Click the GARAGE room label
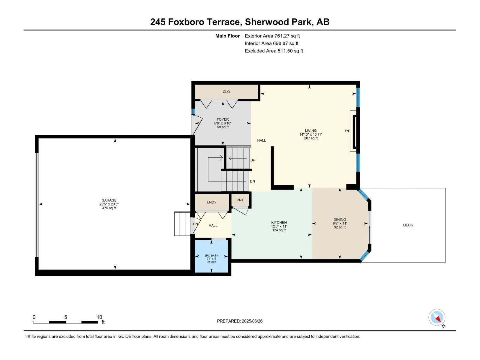[109, 200]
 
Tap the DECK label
[408, 225]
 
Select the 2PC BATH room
[211, 256]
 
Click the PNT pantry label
[240, 200]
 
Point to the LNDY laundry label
[212, 202]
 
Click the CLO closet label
[226, 91]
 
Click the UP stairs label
[253, 160]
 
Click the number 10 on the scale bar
[99, 317]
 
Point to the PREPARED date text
[240, 321]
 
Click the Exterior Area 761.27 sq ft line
[272, 36]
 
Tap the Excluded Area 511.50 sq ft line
[274, 51]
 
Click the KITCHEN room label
[279, 223]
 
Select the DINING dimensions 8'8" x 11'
[340, 223]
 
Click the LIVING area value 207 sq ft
[311, 138]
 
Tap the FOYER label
[223, 119]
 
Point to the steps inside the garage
[182, 223]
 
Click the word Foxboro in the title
[186, 22]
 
